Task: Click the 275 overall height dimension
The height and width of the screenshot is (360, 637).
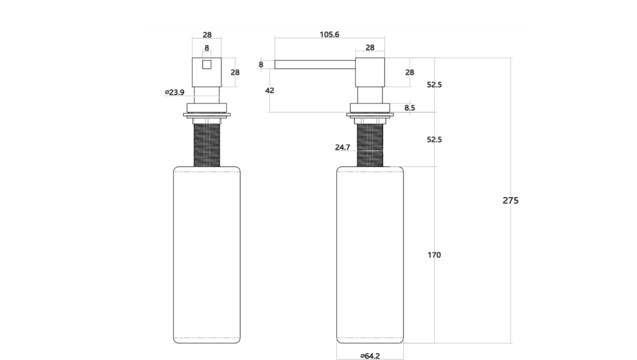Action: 510,200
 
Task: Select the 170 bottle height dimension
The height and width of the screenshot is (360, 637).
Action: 434,255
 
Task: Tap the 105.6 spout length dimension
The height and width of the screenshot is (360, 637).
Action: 329,35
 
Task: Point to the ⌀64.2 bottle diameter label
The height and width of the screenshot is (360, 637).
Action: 369,356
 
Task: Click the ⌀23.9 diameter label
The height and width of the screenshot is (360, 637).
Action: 174,92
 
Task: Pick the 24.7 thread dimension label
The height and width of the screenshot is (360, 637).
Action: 342,147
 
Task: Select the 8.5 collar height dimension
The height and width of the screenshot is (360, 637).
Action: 409,108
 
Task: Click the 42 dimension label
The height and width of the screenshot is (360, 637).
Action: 269,90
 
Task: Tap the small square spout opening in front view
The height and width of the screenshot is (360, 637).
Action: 207,64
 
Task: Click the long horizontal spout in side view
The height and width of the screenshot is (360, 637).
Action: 315,64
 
